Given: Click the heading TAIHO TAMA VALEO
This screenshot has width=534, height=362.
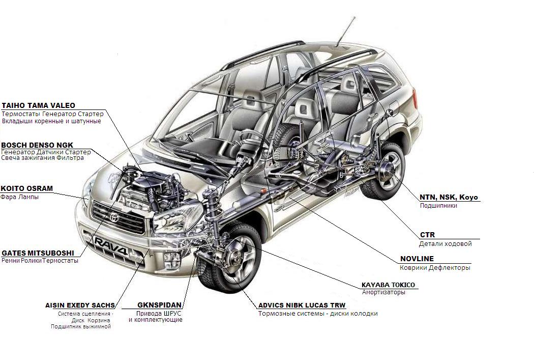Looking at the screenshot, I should point(39,105).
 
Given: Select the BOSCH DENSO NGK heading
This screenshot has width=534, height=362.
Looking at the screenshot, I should point(37,145).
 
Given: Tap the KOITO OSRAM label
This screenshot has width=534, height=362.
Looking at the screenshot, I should point(26,188).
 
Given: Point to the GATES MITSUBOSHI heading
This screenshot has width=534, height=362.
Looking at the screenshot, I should point(38,253).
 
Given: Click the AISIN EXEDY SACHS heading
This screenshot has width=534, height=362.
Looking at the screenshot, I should point(80,305).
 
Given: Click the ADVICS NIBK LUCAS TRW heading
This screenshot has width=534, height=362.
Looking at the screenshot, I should point(302,305).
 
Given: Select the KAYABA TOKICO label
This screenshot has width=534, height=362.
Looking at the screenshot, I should point(388,285).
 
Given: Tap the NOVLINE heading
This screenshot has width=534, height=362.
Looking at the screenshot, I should point(417,259).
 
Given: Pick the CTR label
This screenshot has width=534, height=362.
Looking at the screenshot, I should point(427,235).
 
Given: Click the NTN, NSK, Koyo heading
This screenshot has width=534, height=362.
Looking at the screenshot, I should point(449,197).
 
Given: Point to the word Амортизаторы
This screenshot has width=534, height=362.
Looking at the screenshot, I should point(383,293).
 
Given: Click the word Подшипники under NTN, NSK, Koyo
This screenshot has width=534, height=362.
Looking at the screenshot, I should point(438,206).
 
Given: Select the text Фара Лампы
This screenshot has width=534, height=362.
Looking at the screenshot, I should point(19,197).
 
